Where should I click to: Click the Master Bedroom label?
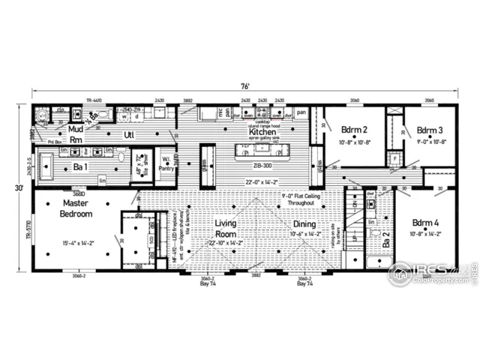pos(76,208)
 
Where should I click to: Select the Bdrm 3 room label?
pos(430,129)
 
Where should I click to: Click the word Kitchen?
pos(262,131)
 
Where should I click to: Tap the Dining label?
pos(304,224)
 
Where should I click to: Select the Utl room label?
pos(128,136)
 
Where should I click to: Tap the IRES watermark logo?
pos(432,274)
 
